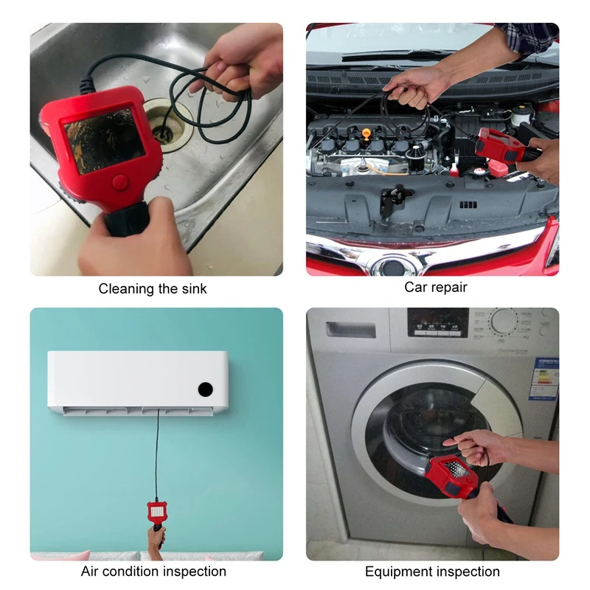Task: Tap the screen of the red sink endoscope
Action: coord(104,140)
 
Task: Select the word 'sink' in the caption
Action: coord(191,289)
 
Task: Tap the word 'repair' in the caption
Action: coord(450,288)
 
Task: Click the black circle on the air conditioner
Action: coord(206,388)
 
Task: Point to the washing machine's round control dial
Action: coord(504,322)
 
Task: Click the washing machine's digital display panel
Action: coord(438,322)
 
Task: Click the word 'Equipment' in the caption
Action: coord(398,572)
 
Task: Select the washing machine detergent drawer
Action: coord(350,330)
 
